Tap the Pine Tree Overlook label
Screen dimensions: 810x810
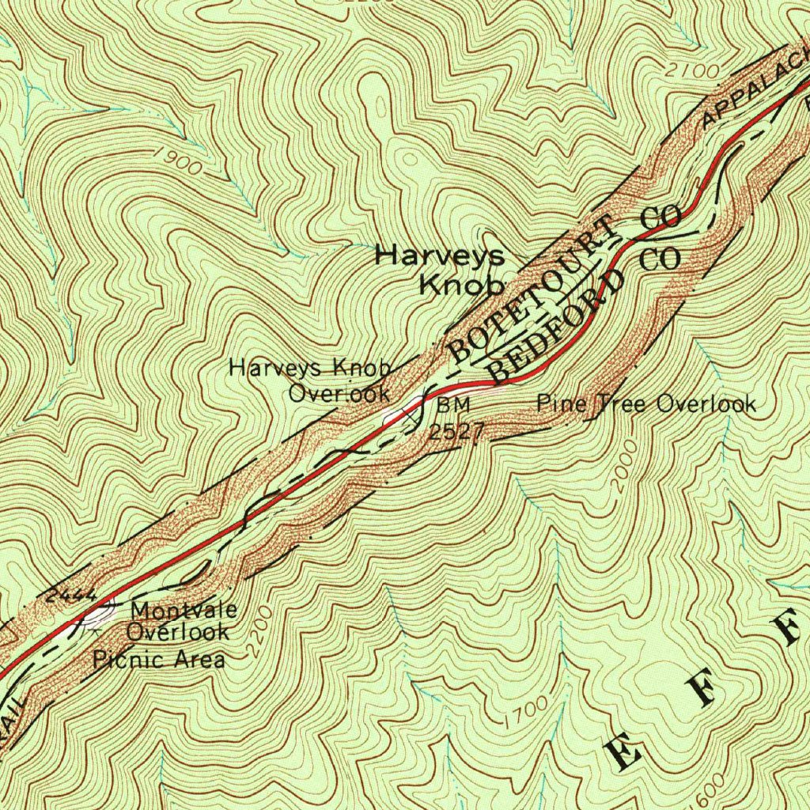click(645, 404)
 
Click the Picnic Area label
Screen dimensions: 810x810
click(159, 659)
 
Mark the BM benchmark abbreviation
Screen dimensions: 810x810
click(453, 405)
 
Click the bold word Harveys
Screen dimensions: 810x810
click(439, 255)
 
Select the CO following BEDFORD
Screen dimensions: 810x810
click(660, 259)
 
